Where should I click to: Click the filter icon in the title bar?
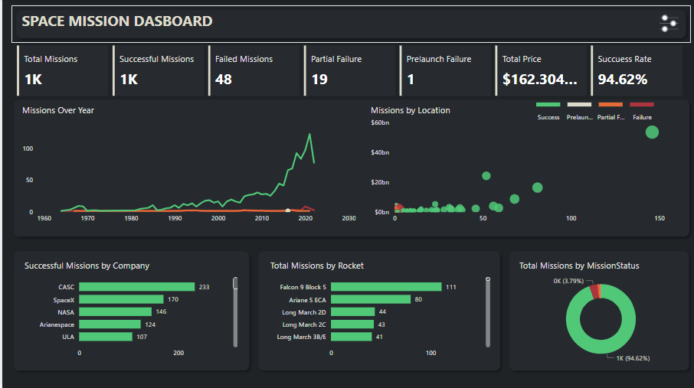pos(669,24)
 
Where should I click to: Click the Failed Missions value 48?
pos(224,79)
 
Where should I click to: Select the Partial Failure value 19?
pos(319,79)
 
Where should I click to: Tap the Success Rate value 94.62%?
pos(623,79)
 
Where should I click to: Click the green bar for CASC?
pos(137,287)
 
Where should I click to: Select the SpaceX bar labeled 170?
pos(122,299)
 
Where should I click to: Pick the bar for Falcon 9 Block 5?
pos(386,287)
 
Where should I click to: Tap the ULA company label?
pos(68,336)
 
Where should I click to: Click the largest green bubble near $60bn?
pos(652,132)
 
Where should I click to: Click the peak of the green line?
pos(309,135)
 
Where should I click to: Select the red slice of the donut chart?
pos(595,291)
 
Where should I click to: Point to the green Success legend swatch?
pos(548,104)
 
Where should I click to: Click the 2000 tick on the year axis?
pos(218,218)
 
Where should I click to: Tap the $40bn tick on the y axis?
pos(381,152)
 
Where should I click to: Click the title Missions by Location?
pos(411,110)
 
